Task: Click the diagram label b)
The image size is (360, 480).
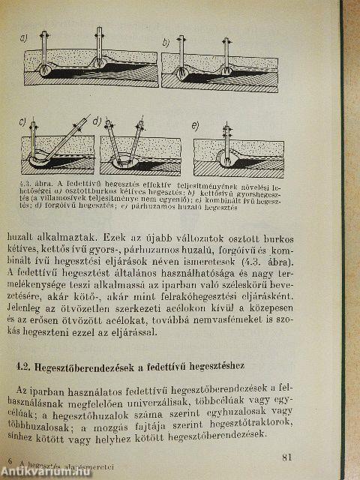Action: click(x=166, y=43)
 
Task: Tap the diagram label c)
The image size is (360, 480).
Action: click(x=22, y=122)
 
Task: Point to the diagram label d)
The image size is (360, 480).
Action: click(x=97, y=121)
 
